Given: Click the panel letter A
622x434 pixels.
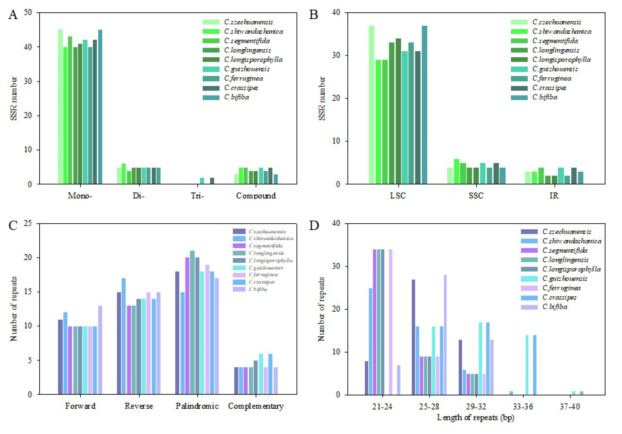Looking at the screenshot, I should pos(13,15).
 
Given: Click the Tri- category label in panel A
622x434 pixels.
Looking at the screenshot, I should pos(197,196).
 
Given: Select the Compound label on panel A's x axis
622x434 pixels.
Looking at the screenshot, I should pos(256,196).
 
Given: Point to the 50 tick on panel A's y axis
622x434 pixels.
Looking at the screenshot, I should pos(28,12).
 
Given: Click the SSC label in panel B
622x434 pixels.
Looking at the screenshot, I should pos(476,196).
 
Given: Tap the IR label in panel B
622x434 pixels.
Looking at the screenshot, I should pos(554,196).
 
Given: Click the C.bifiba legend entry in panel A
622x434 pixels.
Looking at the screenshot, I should pos(236,97).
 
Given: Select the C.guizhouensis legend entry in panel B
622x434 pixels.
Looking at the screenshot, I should pos(555,69).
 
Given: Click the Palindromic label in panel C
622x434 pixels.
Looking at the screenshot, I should pos(197,406).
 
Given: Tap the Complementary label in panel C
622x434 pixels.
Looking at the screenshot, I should pos(256,406).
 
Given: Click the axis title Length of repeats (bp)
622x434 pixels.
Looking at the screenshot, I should pos(475,418).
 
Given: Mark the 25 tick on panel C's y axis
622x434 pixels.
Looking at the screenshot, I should pos(28,224).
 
